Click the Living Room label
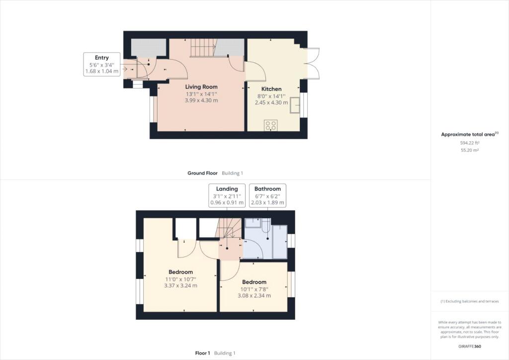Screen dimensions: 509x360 tap(201, 87)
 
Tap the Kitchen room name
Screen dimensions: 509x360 tap(271, 89)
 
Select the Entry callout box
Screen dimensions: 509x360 tap(101, 64)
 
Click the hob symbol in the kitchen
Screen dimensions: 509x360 tap(271, 125)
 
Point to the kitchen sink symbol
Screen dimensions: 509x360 tap(295, 105)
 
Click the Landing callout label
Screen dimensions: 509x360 tap(227, 195)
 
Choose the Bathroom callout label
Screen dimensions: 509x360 tap(267, 195)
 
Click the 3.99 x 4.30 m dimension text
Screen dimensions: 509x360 tap(201, 100)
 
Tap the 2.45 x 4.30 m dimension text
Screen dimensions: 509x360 tap(271, 102)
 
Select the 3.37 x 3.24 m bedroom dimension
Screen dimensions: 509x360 tap(180, 285)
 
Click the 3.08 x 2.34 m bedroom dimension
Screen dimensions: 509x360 tap(254, 296)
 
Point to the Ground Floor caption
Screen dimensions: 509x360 tap(202, 173)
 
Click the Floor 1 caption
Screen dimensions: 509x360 tap(203, 353)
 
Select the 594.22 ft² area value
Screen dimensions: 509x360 tap(470, 143)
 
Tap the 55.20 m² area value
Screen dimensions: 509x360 tap(470, 150)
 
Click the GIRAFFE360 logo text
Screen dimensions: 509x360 tap(470, 347)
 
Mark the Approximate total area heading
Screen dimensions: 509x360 tap(469, 134)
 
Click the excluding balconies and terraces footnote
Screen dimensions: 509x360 tap(469, 301)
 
